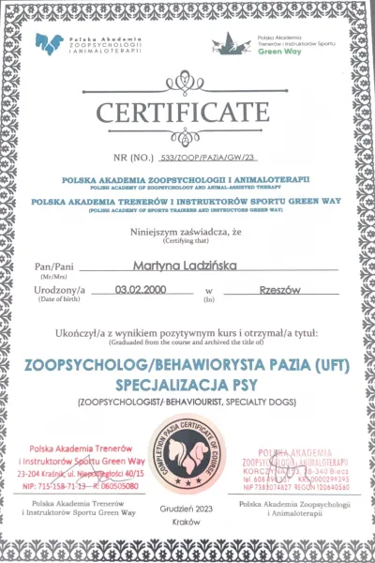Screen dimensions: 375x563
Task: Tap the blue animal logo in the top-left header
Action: [x=49, y=43]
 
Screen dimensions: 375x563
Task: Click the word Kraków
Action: [x=188, y=519]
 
